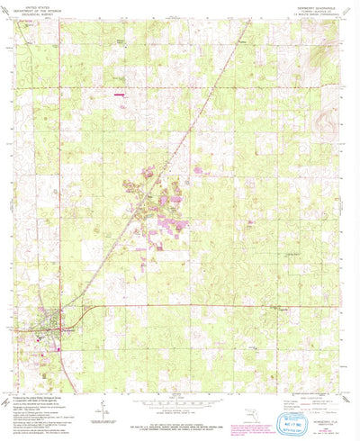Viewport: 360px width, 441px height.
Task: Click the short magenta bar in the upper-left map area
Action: point(119,92)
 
